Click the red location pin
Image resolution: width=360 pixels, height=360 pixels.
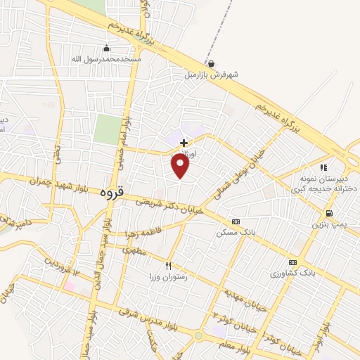coord(181,165)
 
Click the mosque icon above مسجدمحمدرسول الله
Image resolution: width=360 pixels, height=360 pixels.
coord(106,48)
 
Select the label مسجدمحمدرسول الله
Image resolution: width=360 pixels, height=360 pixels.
coord(106,59)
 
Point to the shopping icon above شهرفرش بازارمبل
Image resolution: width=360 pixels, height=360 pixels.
coord(211,63)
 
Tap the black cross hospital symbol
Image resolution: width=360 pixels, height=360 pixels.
coord(184,143)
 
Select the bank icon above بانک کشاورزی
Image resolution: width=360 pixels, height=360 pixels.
coord(292,262)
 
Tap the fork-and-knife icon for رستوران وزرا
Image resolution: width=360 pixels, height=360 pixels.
coord(168,266)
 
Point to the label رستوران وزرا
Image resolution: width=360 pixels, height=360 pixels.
coord(167,276)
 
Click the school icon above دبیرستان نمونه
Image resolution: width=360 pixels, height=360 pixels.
coord(323,167)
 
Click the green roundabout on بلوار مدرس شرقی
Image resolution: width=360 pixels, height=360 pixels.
coord(198,335)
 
